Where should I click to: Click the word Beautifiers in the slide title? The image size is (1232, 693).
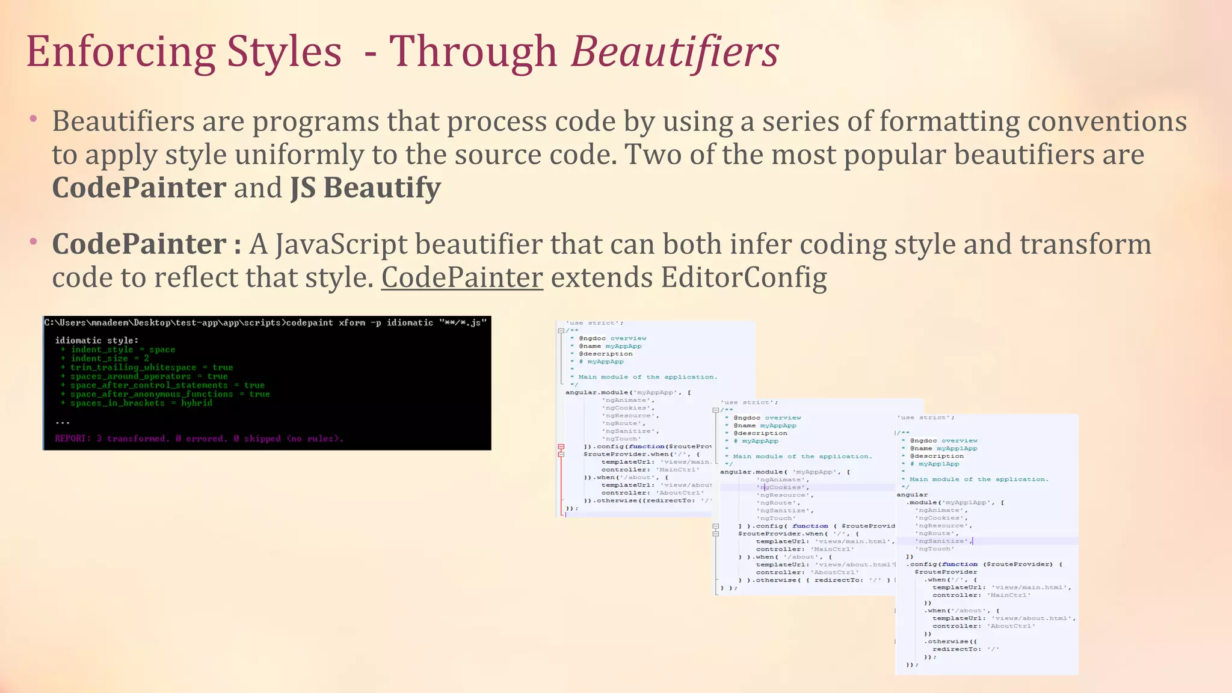674,52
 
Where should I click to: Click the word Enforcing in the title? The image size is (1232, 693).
120,52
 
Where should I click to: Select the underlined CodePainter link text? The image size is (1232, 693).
462,277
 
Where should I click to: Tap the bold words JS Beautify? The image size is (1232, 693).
366,188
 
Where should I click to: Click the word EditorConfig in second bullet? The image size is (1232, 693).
744,277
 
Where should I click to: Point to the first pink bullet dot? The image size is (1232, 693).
34,119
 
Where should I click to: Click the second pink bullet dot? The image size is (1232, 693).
34,241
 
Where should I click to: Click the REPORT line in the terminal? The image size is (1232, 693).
199,439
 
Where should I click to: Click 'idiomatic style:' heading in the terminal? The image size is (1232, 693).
96,340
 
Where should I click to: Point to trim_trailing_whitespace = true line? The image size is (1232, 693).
151,368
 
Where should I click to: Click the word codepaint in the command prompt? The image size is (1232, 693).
309,323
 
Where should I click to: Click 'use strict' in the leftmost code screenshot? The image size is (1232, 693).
586,323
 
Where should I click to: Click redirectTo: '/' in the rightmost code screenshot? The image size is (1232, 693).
966,649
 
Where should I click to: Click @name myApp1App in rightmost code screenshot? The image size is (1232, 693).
943,448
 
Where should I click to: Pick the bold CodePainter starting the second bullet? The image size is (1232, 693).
139,244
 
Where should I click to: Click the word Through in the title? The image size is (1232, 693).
473,52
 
